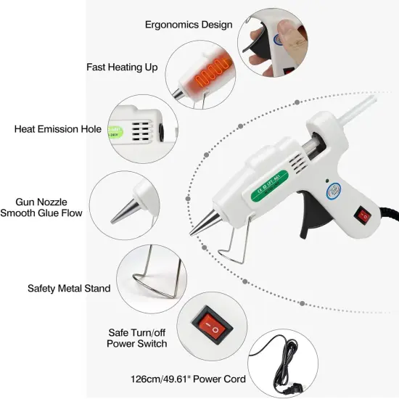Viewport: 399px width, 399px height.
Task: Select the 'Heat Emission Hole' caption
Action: [59, 129]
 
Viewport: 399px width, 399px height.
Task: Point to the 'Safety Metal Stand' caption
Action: [69, 288]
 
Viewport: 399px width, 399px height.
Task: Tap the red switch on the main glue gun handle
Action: [363, 215]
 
